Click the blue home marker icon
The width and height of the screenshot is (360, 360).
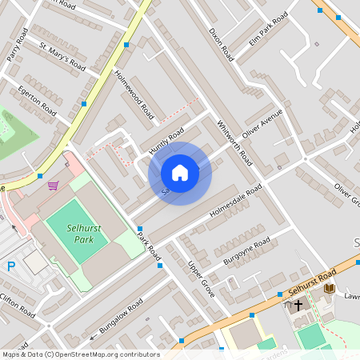tap(180, 173)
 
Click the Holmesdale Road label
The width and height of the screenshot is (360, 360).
tap(236, 203)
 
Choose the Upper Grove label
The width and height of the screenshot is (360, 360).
tap(202, 277)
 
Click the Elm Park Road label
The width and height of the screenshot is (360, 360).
tap(268, 29)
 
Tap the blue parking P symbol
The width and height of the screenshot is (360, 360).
tap(10, 266)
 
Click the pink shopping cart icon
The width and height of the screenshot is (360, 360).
tap(53, 186)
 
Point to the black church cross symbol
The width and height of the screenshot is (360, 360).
tap(298, 305)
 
